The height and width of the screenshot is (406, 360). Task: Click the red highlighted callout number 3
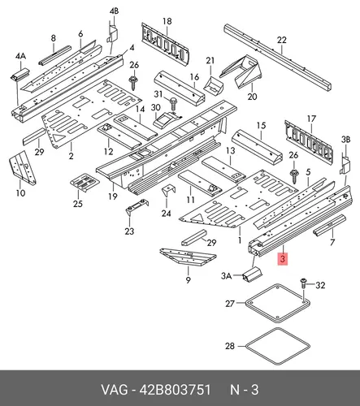point(283,259)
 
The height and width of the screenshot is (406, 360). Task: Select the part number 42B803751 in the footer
point(175,390)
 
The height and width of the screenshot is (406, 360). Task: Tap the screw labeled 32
point(303,283)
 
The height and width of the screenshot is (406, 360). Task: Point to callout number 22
point(282,40)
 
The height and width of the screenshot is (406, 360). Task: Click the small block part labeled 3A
point(253,274)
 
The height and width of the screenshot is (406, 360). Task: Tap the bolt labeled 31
point(173,103)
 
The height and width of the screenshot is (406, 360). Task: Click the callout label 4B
point(114,11)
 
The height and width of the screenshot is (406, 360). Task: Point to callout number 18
point(167,21)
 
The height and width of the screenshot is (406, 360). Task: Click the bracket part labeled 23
point(137,206)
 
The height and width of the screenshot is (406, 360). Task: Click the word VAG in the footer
point(114,390)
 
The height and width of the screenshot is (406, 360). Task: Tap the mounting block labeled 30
point(166,119)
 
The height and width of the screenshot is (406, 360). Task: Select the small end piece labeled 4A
point(20,75)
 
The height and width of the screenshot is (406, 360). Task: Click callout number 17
point(311,119)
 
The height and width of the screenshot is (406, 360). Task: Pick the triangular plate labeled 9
point(188,257)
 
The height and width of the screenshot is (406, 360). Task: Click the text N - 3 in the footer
point(244,390)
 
